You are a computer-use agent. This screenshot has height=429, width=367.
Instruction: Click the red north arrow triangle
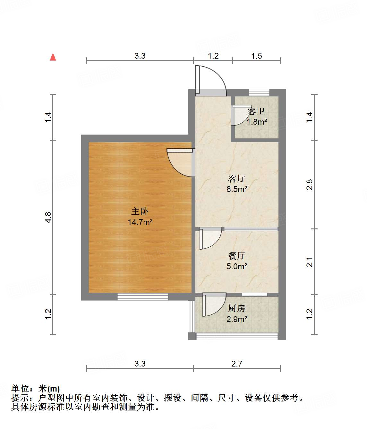pyautogui.click(x=53, y=57)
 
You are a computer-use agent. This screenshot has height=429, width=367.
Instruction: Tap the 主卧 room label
pyautogui.click(x=140, y=211)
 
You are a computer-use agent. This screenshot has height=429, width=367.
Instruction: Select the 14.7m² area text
pyautogui.click(x=140, y=222)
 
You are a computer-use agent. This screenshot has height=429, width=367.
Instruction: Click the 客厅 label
pyautogui.click(x=237, y=178)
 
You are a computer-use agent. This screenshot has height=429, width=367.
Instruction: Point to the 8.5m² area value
pyautogui.click(x=237, y=189)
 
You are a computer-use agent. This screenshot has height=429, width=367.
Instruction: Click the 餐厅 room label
pyautogui.click(x=237, y=256)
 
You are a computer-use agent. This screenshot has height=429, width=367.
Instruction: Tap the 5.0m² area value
pyautogui.click(x=237, y=266)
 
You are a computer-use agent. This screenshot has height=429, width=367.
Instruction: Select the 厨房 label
pyautogui.click(x=237, y=309)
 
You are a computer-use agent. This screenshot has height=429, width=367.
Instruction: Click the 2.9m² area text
pyautogui.click(x=237, y=319)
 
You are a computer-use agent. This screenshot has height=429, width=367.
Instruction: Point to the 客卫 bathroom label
pyautogui.click(x=256, y=111)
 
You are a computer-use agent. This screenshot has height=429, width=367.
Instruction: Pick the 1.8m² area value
pyautogui.click(x=257, y=122)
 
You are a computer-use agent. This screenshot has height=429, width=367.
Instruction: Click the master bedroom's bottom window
pyautogui.click(x=142, y=297)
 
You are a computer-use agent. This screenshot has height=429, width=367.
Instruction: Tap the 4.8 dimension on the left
pyautogui.click(x=48, y=217)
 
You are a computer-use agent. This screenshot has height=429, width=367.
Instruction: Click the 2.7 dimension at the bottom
pyautogui.click(x=237, y=364)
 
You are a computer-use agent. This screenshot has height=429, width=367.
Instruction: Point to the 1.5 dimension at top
pyautogui.click(x=256, y=56)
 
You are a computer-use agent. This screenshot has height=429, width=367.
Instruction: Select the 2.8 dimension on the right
pyautogui.click(x=309, y=185)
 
